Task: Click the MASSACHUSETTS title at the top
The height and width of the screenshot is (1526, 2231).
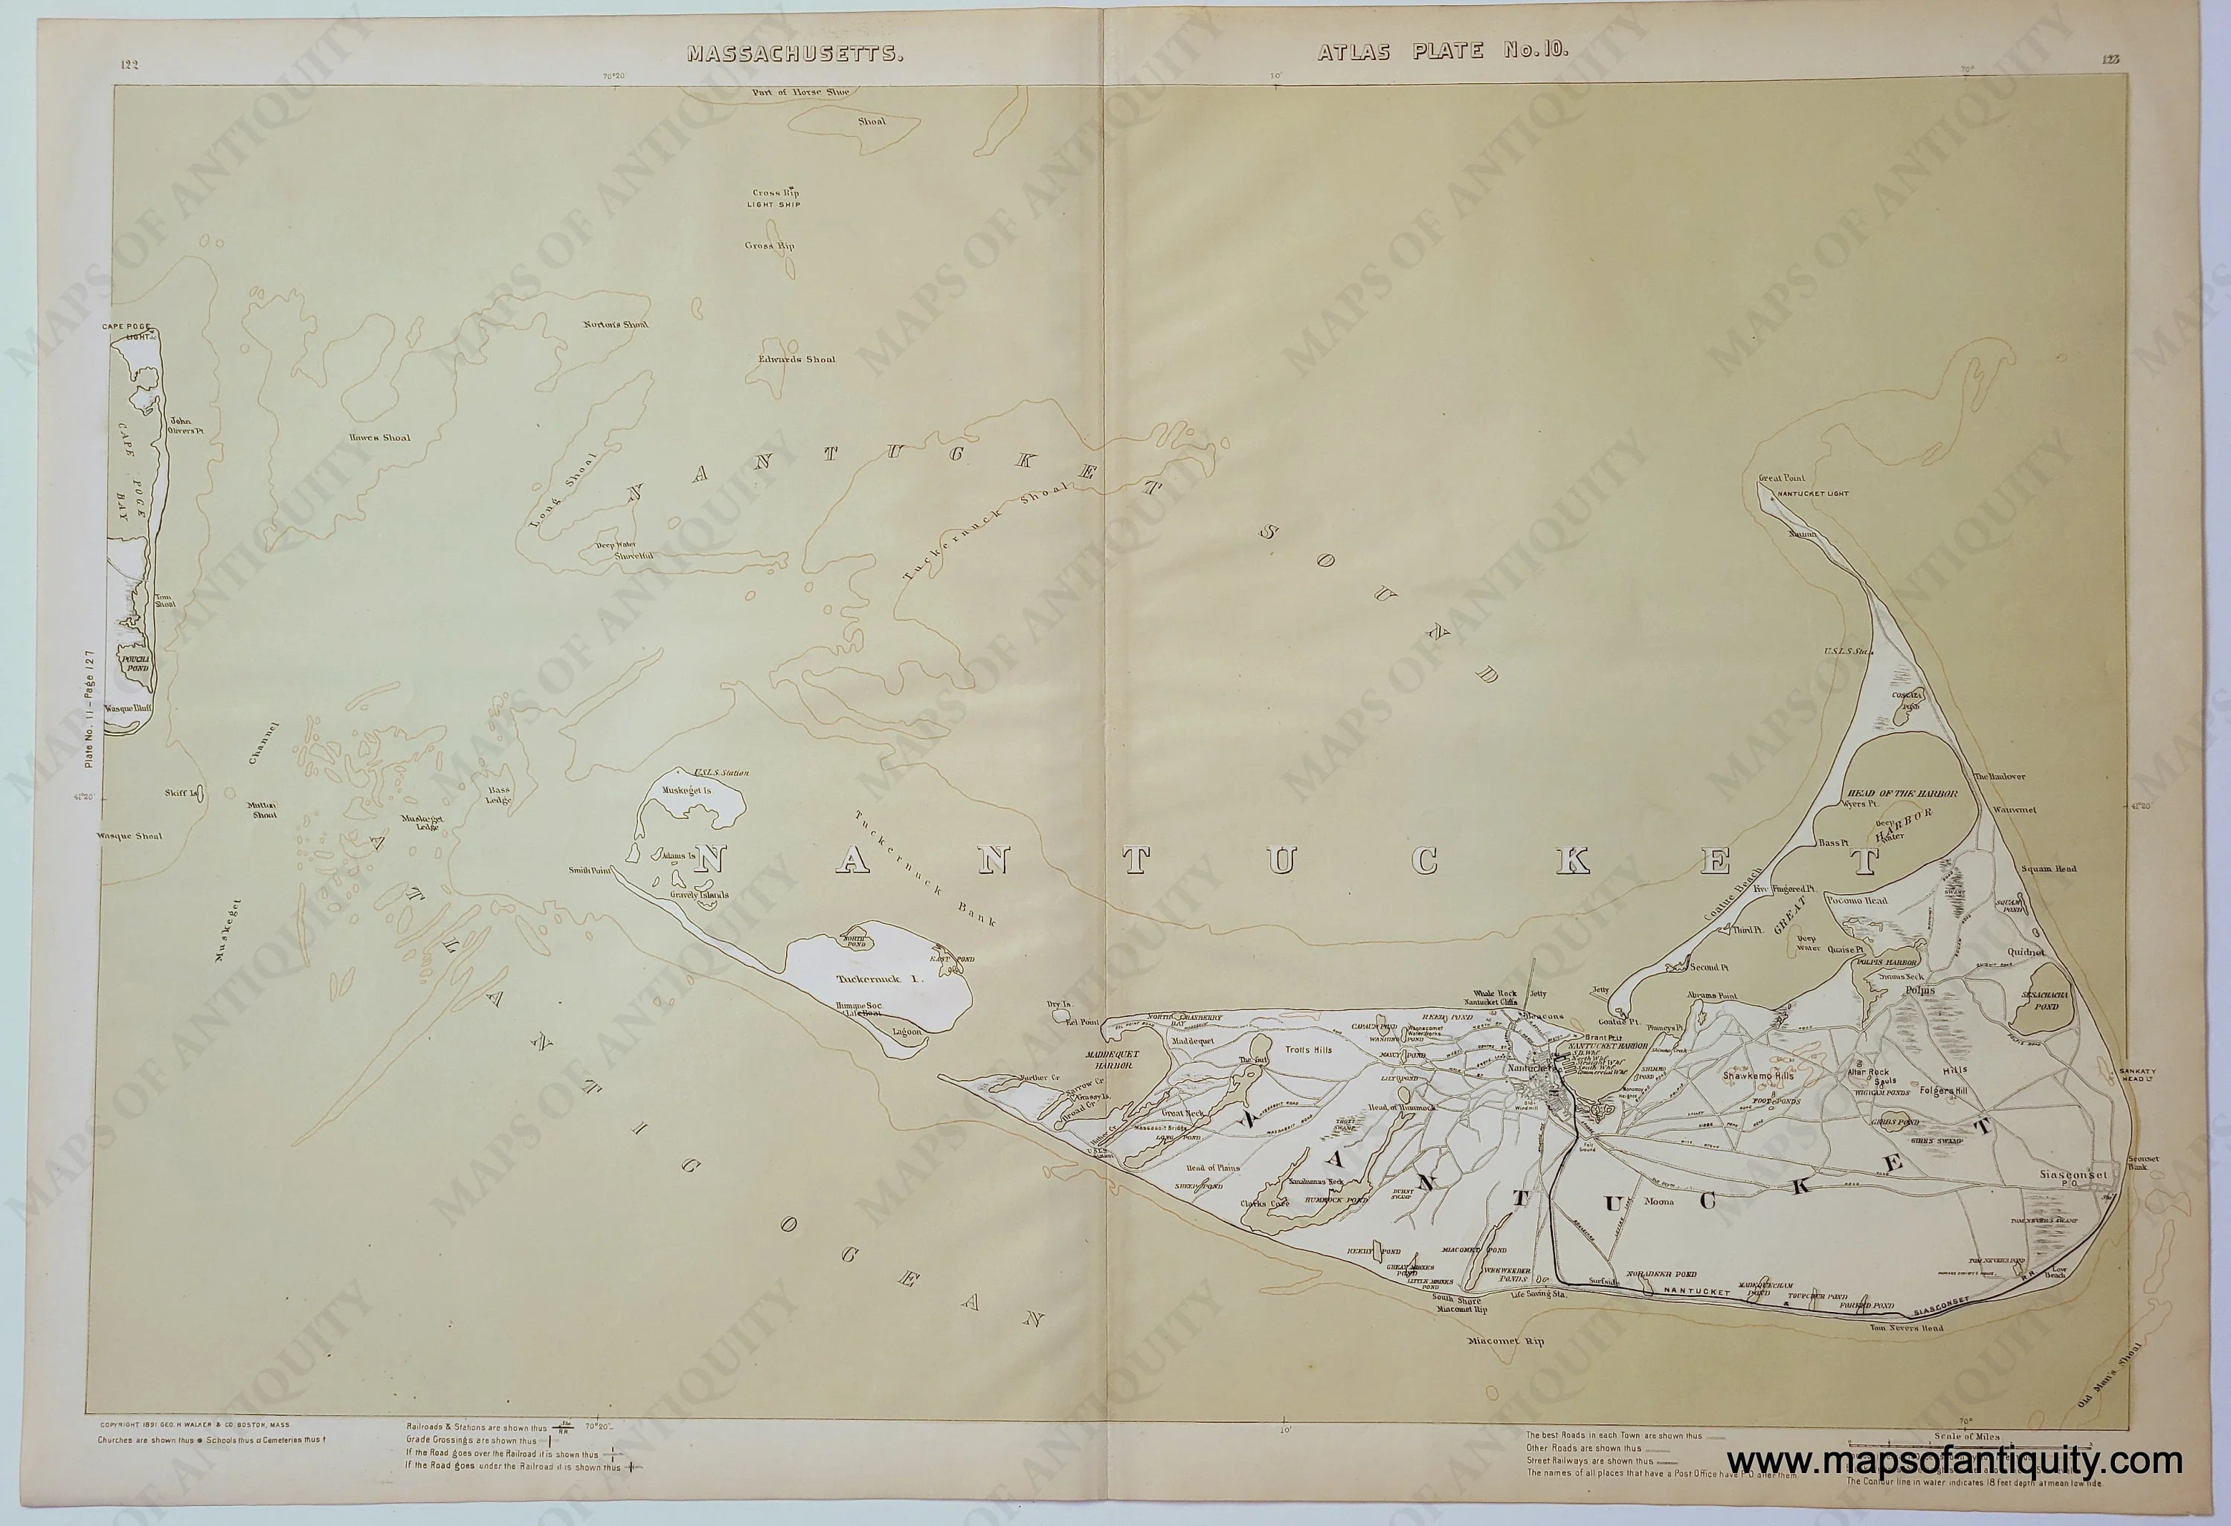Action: pos(795,54)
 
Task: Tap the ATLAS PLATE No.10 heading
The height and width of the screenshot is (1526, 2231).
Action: pos(1443,52)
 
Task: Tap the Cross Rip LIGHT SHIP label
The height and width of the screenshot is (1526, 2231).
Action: pos(776,198)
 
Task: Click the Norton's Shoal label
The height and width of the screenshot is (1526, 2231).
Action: pos(615,323)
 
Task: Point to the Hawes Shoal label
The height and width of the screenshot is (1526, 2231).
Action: pos(379,438)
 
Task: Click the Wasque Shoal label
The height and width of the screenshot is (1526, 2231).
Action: pos(129,836)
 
